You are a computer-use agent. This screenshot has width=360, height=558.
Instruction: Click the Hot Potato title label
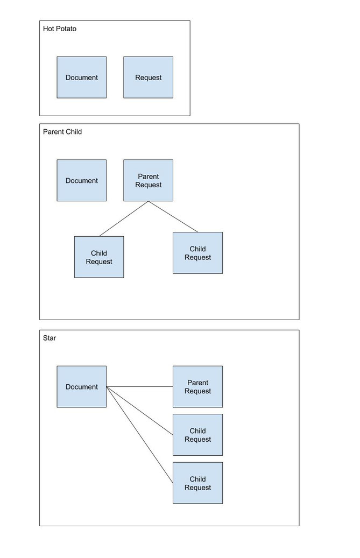coord(59,29)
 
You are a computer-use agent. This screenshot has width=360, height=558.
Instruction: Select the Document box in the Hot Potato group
coord(81,77)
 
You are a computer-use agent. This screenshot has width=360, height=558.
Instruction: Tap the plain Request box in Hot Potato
coord(149,77)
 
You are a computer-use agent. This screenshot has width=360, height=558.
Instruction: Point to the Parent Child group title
coord(62,132)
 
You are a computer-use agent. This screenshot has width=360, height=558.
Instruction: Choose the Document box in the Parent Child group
coord(81,180)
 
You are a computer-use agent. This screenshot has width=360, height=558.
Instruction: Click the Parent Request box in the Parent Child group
coord(149,180)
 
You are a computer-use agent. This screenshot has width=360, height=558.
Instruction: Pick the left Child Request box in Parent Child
coord(99,257)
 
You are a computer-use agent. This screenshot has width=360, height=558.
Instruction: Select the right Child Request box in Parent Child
coord(198,253)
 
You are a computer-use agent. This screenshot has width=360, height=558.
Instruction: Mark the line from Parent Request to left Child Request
coord(124,219)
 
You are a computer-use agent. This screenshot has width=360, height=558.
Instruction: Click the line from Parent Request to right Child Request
coord(173,217)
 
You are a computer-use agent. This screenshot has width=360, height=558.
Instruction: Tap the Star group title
coord(50,338)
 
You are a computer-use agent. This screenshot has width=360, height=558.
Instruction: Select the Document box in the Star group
coord(81,386)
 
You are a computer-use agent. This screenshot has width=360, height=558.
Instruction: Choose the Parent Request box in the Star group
coord(198,386)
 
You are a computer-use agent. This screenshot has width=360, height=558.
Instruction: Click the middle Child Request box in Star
coord(198,435)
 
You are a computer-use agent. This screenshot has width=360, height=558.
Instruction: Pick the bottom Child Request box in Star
coord(198,483)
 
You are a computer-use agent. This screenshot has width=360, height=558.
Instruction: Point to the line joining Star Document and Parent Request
coord(140,386)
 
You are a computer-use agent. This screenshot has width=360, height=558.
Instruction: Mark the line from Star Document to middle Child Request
coord(140,411)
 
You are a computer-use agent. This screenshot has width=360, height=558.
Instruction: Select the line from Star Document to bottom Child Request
coord(140,435)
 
